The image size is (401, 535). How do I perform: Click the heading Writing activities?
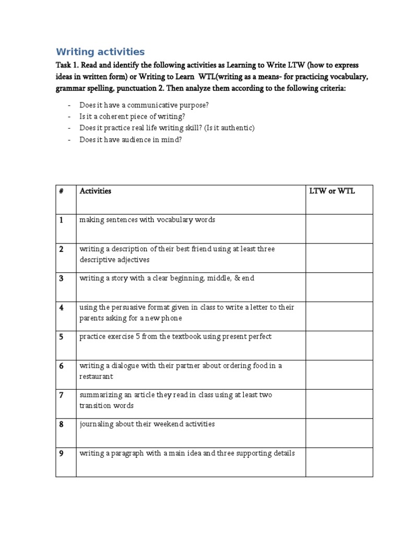point(100,52)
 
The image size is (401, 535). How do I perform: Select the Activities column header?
point(96,191)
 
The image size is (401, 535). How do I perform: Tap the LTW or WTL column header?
point(332,191)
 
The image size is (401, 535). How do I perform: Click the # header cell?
point(61,191)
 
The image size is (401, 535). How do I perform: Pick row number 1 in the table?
point(61,220)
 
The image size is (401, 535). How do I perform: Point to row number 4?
point(61,308)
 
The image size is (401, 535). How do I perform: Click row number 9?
point(61,453)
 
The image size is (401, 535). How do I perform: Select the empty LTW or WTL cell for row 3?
point(339,287)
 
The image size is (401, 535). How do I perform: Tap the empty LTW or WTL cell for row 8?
point(339,433)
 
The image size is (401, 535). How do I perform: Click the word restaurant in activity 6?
point(96,376)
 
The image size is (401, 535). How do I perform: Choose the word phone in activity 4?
point(172,318)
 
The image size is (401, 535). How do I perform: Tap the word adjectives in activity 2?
point(133,260)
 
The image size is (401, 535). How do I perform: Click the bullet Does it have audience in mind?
point(131,139)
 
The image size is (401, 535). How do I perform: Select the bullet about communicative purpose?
point(144,105)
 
